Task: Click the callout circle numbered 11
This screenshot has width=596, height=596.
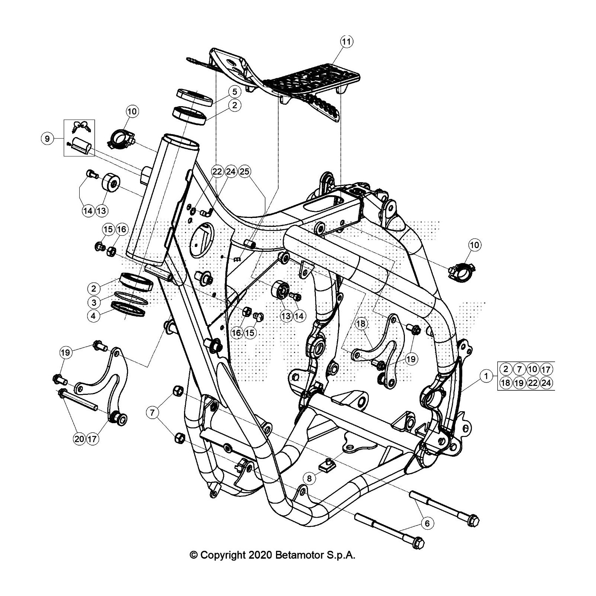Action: [x=346, y=42]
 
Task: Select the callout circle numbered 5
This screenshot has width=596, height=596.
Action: [x=234, y=92]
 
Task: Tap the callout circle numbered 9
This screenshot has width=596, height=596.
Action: [x=47, y=139]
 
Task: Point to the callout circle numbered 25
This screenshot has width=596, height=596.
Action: [x=245, y=171]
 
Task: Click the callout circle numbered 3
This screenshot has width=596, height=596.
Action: [x=94, y=302]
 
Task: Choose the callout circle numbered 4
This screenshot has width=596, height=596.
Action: [x=94, y=316]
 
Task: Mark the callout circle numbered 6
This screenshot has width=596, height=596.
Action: [x=427, y=523]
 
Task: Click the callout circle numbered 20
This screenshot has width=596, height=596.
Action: [x=79, y=439]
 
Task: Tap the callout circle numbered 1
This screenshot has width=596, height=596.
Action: [x=486, y=376]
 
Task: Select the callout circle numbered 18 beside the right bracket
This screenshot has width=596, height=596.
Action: [x=361, y=324]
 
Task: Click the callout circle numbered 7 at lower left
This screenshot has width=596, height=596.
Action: [x=152, y=412]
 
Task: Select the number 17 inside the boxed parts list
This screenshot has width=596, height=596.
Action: [x=546, y=369]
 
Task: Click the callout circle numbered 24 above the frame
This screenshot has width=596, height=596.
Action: [x=231, y=171]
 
